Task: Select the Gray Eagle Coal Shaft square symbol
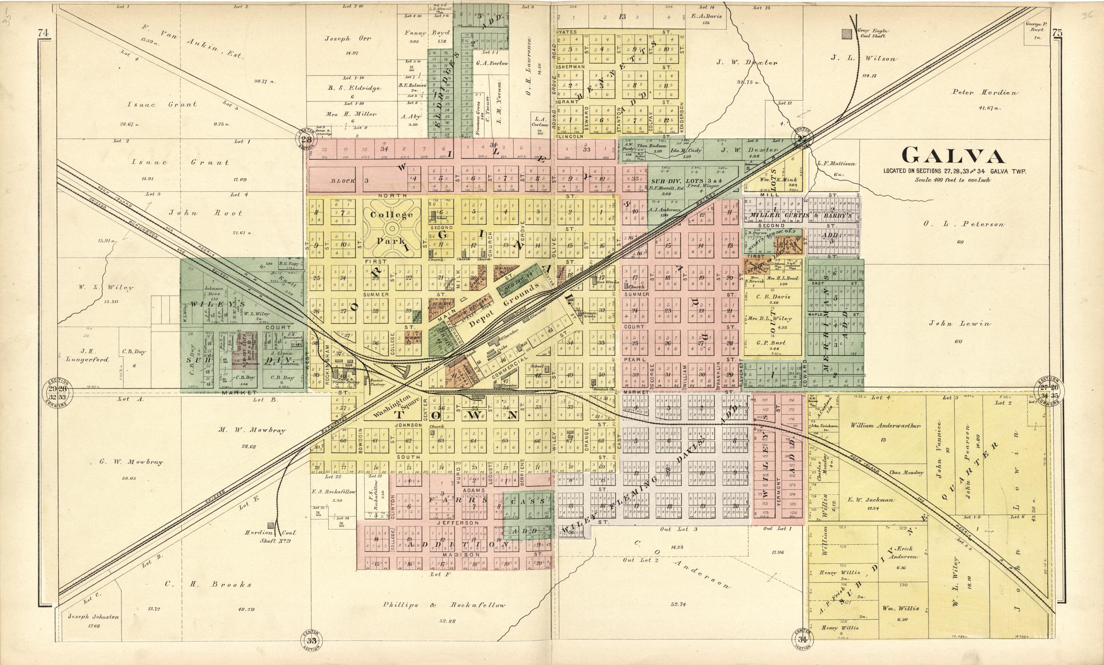pos(846,34)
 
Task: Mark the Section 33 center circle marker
pos(312,640)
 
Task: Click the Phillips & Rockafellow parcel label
pos(444,605)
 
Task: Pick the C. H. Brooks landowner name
pos(208,585)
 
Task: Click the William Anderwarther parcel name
pos(886,426)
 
